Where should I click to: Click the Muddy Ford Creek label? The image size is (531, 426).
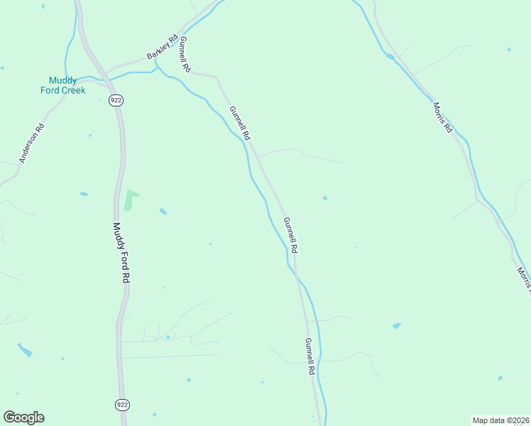click(62, 85)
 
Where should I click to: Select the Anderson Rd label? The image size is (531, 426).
click(32, 143)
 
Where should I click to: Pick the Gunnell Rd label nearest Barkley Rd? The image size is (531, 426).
click(185, 55)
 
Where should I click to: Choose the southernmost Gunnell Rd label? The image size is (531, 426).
click(310, 356)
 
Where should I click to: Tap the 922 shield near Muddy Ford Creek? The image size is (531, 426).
click(116, 100)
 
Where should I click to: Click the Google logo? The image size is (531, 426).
click(23, 417)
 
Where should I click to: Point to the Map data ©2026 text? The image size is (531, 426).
click(500, 420)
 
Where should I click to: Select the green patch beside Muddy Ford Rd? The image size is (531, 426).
click(130, 200)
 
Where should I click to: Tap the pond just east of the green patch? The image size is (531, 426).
click(163, 212)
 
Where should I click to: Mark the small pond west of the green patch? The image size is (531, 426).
click(84, 194)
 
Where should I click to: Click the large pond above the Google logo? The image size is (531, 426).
click(25, 350)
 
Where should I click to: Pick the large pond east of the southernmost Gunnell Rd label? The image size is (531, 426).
click(397, 326)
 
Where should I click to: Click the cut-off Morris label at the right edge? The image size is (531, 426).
click(524, 280)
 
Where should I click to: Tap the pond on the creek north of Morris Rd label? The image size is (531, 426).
click(390, 56)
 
